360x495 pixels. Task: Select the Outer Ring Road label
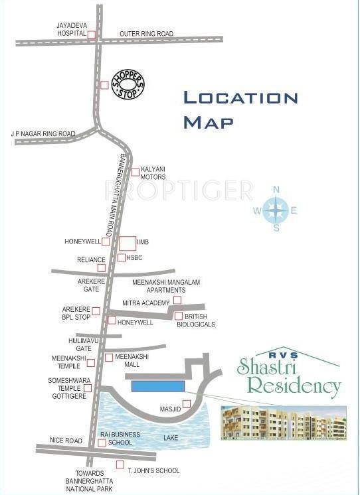pos(146,33)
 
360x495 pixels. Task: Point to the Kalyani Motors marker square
pos(135,173)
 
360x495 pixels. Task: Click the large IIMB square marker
pos(127,244)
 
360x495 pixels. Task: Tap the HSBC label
pos(135,257)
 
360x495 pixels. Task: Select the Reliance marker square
pos(102,268)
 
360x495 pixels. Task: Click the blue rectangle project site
pos(158,386)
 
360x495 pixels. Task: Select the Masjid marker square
pos(187,403)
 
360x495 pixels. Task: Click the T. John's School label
pos(154,470)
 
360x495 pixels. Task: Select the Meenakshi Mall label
pos(132,360)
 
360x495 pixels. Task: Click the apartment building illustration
pos(284,423)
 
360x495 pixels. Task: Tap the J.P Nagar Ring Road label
pos(43,134)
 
